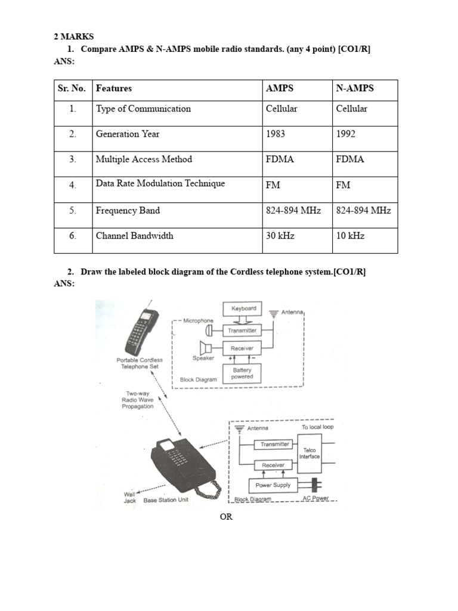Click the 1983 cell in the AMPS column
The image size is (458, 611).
[276, 134]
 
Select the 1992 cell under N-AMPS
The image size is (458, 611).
[345, 134]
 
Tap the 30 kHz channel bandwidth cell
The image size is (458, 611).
[280, 236]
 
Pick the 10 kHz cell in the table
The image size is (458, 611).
[350, 236]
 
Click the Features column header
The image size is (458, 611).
[114, 88]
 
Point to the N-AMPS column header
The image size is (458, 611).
[355, 88]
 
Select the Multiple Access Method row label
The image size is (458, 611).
[144, 159]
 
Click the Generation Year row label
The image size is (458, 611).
[128, 134]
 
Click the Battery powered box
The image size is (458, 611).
[242, 374]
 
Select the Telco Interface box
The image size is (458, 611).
[310, 453]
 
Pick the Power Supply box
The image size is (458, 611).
[273, 485]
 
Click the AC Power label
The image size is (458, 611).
[315, 498]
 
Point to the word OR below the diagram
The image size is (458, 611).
[226, 517]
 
